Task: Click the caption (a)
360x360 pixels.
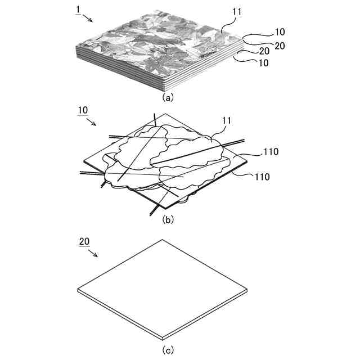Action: pyautogui.click(x=168, y=96)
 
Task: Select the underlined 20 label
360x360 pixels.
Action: pyautogui.click(x=84, y=242)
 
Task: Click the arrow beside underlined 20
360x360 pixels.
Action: pyautogui.click(x=93, y=252)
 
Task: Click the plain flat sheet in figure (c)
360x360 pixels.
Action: pyautogui.click(x=163, y=287)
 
